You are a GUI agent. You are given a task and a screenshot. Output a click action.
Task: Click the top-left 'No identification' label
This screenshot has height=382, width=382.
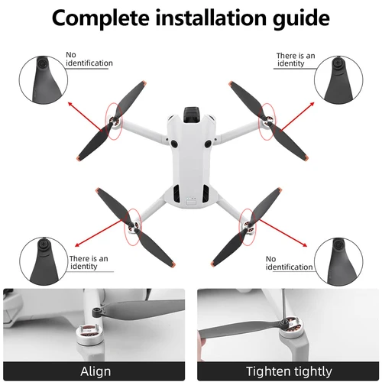pyautogui.click(x=89, y=59)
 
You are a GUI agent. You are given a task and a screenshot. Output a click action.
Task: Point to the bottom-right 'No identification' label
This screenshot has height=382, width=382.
pyautogui.click(x=288, y=264)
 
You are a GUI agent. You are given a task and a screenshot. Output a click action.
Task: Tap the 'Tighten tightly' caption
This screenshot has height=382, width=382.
pyautogui.click(x=288, y=371)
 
